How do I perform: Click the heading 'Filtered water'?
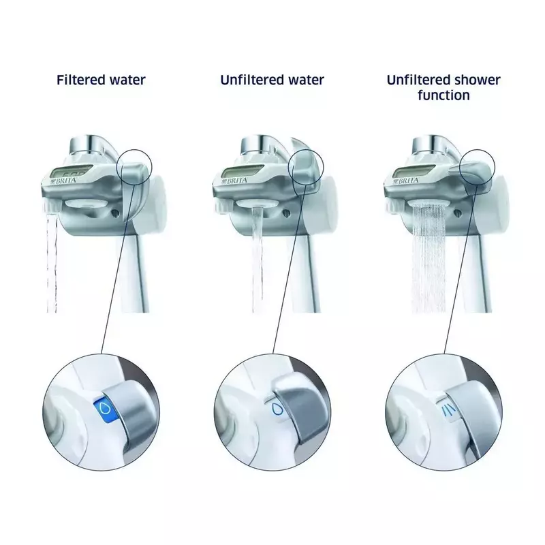tap(101, 80)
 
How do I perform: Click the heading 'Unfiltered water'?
tap(272, 80)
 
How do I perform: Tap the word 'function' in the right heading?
tap(443, 95)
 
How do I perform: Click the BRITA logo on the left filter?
tap(63, 181)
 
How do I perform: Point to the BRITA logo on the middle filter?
tap(235, 181)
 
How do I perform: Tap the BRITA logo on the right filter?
tap(406, 181)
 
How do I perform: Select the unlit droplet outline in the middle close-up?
tap(277, 410)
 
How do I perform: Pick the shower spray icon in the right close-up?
tap(446, 411)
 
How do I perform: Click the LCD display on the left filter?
tap(69, 172)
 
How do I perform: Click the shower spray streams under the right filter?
tap(429, 258)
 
